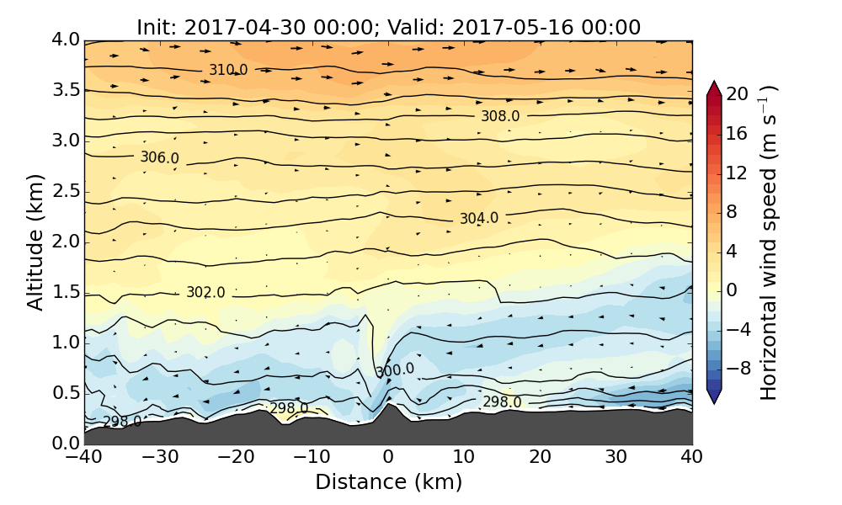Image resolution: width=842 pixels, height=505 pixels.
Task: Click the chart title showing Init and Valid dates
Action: (x=388, y=27)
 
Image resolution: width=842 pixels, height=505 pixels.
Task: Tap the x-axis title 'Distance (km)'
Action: (x=388, y=482)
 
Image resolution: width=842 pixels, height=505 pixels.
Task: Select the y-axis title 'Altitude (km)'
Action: (x=35, y=242)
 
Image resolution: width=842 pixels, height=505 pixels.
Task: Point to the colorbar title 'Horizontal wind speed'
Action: (x=768, y=242)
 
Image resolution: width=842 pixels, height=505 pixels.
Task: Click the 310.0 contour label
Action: (x=228, y=70)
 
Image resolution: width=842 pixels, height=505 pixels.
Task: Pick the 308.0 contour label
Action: (x=500, y=116)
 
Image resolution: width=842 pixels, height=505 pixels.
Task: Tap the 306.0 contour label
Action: (x=159, y=157)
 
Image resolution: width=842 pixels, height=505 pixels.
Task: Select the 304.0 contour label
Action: (x=478, y=218)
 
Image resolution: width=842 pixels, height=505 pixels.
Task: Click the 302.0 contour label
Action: (x=205, y=292)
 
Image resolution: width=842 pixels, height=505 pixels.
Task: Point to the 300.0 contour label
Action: (x=395, y=370)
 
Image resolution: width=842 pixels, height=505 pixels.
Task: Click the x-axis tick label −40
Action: (x=84, y=457)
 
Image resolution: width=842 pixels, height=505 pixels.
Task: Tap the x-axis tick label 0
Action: (x=388, y=457)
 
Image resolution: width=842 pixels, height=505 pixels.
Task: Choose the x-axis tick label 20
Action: (x=540, y=457)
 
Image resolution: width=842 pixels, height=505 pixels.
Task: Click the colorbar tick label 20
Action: (x=738, y=94)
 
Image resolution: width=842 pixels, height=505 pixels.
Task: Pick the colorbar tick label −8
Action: (x=738, y=368)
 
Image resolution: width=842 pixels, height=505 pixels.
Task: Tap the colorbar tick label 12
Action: (x=738, y=173)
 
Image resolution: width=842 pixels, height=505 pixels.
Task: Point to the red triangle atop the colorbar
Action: (x=713, y=88)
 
